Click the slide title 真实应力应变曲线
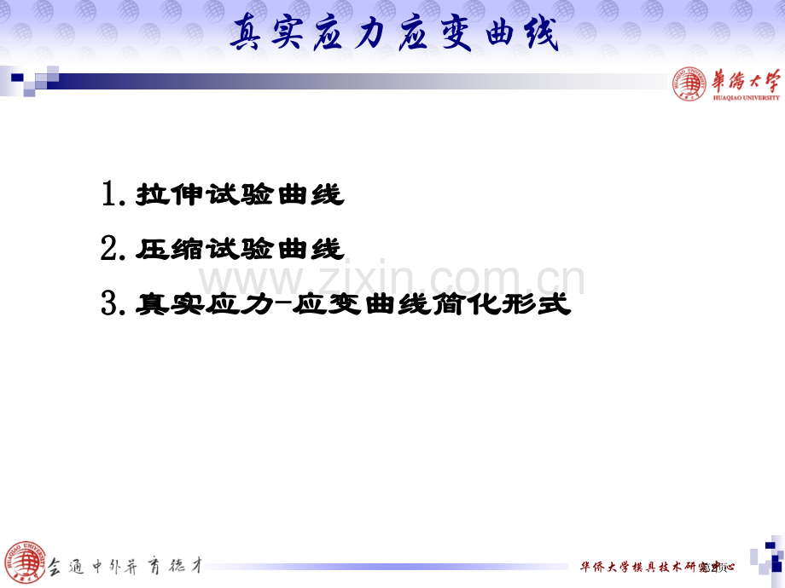[394, 37]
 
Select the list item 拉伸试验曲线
[240, 195]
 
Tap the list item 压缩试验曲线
[240, 249]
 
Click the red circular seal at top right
[689, 84]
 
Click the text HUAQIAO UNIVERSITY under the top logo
[746, 97]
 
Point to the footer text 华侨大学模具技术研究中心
[656, 567]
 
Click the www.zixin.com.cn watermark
[392, 279]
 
